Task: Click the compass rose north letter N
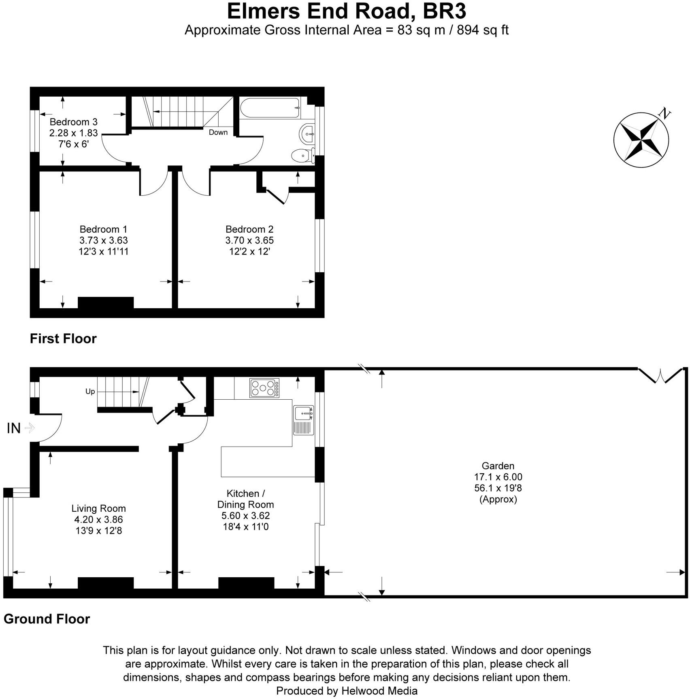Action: (664, 114)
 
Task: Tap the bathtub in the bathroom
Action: (270, 108)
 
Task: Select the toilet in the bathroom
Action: (303, 155)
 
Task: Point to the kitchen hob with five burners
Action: (264, 388)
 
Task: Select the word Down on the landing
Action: (218, 132)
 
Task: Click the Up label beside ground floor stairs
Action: (90, 391)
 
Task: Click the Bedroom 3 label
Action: (73, 122)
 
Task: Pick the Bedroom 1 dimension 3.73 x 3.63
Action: (103, 240)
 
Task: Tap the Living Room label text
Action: (98, 508)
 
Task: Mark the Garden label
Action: (498, 466)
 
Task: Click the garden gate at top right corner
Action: (660, 376)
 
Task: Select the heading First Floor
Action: (63, 339)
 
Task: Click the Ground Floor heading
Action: (47, 619)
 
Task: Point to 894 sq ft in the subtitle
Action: (483, 30)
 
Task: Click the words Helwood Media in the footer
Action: (379, 691)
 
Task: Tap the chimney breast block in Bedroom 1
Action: (105, 303)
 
